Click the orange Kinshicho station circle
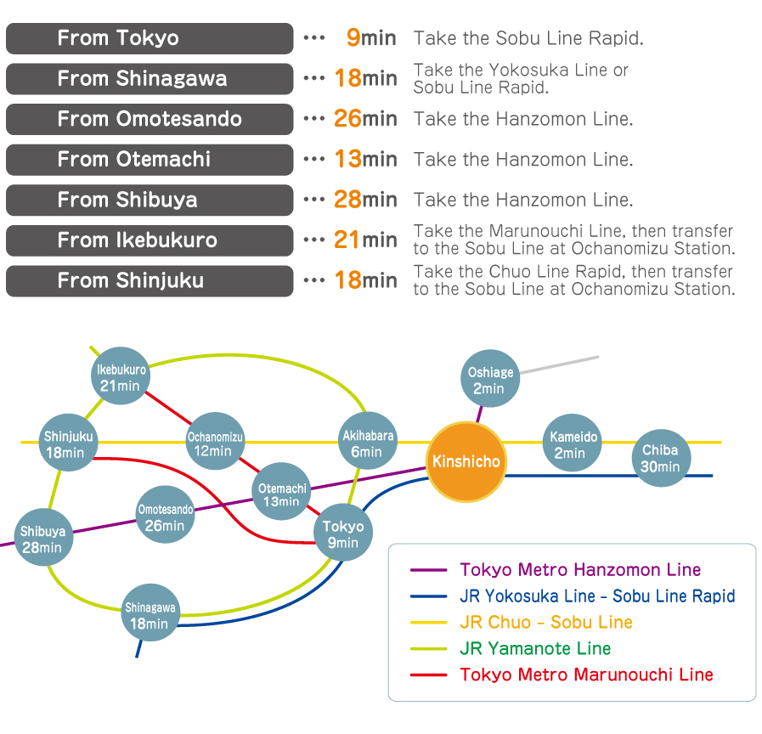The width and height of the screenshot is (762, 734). click(466, 462)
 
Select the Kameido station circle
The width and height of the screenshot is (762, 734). click(574, 444)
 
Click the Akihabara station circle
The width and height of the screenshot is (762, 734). click(368, 443)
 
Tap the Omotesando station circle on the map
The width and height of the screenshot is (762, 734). click(165, 517)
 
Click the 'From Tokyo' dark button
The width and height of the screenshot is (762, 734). click(150, 38)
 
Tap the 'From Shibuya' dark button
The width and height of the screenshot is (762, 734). click(150, 200)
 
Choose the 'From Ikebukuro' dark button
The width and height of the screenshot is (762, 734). click(150, 240)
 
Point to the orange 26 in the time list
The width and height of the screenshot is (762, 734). click(347, 118)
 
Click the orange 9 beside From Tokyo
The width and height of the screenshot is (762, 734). click(353, 37)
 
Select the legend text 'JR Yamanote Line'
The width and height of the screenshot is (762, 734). click(535, 648)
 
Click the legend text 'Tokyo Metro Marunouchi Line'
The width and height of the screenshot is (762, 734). click(586, 675)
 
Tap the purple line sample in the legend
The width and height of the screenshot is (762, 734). click(428, 570)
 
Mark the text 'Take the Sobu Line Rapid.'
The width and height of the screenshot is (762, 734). click(528, 38)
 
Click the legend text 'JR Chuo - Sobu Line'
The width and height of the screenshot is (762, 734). click(546, 623)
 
